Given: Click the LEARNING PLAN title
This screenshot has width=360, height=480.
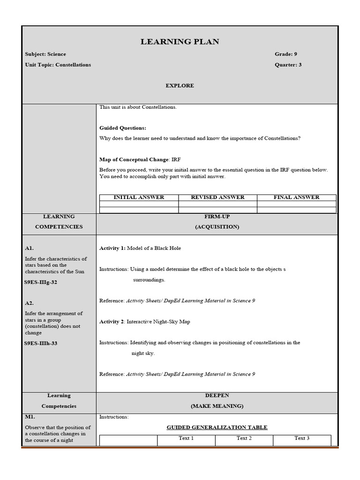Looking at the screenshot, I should coord(180,42).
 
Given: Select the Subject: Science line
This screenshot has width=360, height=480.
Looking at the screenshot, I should coord(45,54).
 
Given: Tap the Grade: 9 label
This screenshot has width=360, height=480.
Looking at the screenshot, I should coord(285,54).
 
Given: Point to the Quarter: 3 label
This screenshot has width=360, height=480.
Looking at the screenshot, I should coord(288,65).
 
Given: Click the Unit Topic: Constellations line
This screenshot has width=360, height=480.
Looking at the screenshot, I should coord(58,65).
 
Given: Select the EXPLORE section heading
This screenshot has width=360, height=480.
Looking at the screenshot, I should coord(180,86).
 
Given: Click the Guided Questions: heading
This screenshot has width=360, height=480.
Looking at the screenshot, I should coord(123,128).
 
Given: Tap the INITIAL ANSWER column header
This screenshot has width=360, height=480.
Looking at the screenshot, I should coord(139,197).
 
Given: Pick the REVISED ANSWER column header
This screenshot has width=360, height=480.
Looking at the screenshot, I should coord(217,197).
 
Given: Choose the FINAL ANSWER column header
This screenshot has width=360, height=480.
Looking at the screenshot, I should coord(296,197).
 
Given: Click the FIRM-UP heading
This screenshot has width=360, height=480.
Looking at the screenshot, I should coord(217,217).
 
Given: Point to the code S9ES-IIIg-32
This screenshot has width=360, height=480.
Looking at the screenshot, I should coord(41,282).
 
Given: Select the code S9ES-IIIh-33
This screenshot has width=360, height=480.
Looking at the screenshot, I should coord(41,343).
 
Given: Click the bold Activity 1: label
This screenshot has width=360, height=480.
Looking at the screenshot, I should coord(112,248).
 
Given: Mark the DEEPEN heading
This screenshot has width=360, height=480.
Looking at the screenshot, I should coord(217,396).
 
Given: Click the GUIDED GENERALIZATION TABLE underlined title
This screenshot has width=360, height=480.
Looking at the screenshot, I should coord(217,427).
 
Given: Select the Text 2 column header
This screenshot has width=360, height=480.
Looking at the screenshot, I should coord(244,438).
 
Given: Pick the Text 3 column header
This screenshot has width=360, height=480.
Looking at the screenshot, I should coord(302,438).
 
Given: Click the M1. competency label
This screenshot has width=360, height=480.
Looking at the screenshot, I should coord(30,417).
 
